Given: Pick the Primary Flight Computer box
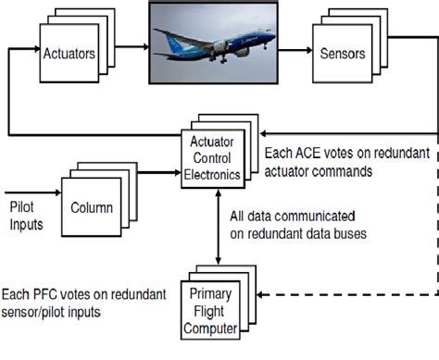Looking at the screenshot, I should tap(220, 311).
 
